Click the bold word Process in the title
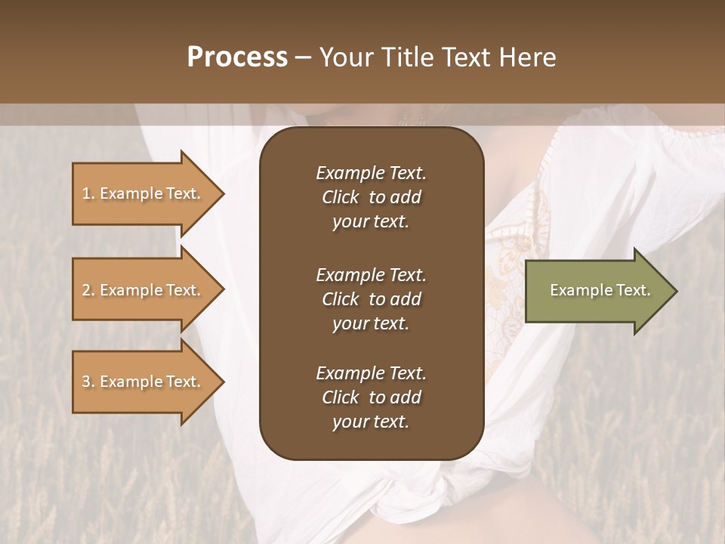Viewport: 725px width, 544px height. [x=237, y=57]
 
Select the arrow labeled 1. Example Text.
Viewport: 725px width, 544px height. [x=143, y=193]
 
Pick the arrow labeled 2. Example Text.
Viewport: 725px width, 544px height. [x=143, y=290]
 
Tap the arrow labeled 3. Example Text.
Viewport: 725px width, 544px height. [x=143, y=382]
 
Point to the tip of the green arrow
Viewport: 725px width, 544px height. [x=676, y=291]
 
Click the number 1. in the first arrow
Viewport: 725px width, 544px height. [x=88, y=193]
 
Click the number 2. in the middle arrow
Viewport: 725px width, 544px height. [x=88, y=290]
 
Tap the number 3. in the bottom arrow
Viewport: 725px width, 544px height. [x=88, y=382]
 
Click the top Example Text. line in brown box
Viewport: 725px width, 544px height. [x=371, y=173]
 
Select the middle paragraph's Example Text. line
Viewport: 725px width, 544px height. [x=371, y=275]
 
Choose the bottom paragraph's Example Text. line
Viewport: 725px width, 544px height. [x=371, y=373]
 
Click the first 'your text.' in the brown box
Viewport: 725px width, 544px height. [x=371, y=222]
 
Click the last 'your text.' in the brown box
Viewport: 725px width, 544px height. [x=371, y=422]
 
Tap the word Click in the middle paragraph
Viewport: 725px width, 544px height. [x=340, y=299]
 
